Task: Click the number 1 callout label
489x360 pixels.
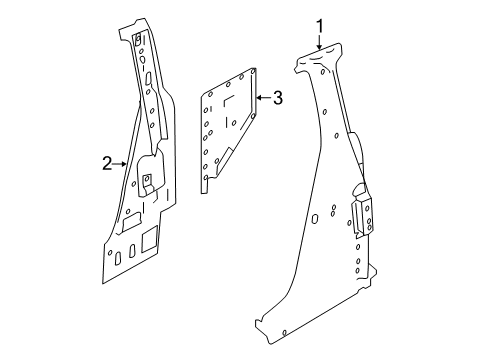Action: (x=320, y=26)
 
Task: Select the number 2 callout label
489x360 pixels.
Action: (x=106, y=162)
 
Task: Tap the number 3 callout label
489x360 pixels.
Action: (x=277, y=97)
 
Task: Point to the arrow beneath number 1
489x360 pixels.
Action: (x=319, y=43)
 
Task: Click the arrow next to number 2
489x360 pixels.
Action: (x=121, y=162)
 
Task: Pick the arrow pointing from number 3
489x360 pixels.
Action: (x=262, y=97)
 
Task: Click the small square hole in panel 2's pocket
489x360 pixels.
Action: (x=145, y=180)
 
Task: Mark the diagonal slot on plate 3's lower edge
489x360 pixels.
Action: (x=225, y=161)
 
